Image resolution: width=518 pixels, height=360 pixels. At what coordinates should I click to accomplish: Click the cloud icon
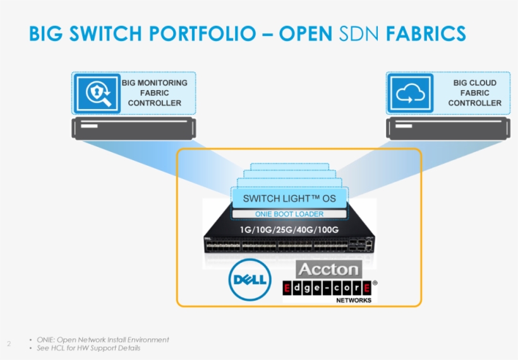(x=410, y=93)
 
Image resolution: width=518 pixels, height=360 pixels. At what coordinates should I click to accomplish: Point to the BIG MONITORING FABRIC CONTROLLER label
(x=154, y=93)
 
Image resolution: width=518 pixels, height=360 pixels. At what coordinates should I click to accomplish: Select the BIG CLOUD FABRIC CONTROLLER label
(x=474, y=93)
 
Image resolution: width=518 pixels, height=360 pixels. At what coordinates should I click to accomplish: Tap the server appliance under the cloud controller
(x=449, y=129)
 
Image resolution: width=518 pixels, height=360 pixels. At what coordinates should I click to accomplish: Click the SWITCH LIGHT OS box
(x=289, y=199)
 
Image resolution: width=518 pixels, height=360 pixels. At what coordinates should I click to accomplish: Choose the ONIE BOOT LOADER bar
(x=289, y=214)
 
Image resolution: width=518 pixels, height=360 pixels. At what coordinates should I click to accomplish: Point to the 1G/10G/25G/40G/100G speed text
(x=289, y=229)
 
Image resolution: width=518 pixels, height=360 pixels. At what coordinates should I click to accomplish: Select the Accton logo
(x=328, y=269)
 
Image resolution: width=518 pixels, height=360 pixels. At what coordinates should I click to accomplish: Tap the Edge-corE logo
(x=328, y=288)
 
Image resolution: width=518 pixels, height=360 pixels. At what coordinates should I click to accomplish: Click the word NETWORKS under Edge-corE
(x=353, y=301)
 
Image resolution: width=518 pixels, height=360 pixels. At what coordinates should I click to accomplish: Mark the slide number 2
(x=9, y=344)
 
